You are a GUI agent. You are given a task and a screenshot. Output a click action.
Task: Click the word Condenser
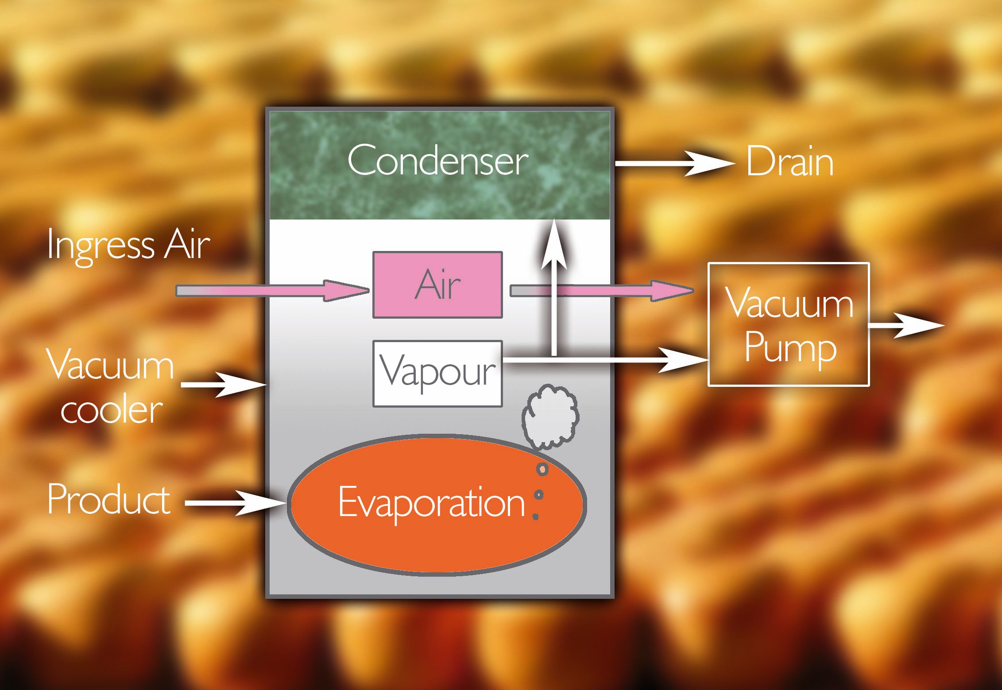437,160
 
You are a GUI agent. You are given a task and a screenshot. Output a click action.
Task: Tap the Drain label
789,162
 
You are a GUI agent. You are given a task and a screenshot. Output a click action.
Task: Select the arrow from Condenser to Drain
673,163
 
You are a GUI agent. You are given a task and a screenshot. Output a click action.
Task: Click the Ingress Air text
128,245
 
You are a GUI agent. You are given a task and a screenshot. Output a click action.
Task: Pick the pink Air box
437,285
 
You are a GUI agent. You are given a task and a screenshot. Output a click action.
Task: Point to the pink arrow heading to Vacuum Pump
620,291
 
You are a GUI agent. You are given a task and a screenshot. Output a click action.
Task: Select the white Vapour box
437,373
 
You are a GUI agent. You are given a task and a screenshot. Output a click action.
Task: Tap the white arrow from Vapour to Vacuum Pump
620,359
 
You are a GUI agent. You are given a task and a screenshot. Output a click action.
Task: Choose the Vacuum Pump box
789,324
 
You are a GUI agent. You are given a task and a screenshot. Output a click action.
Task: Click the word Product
108,499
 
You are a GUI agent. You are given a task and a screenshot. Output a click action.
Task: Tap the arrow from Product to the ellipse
235,503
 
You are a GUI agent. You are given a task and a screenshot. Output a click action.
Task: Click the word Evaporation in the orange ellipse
432,503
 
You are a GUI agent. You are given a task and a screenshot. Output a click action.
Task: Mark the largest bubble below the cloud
542,469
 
